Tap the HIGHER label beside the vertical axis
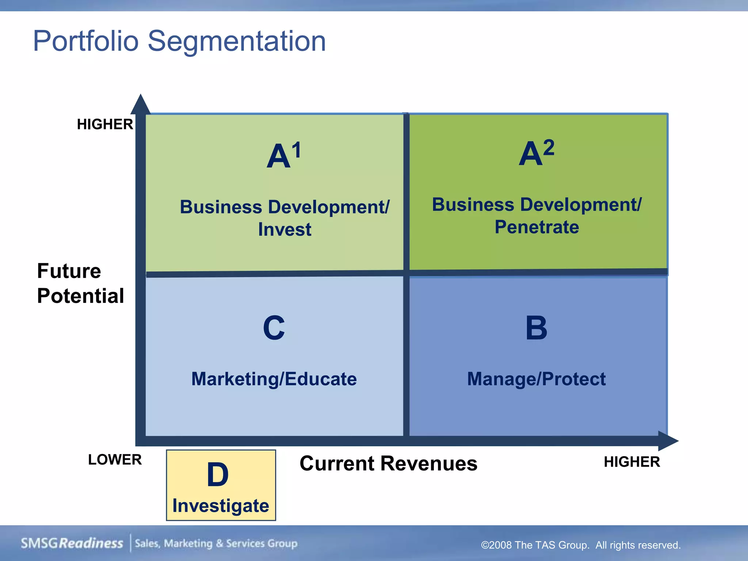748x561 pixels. (105, 125)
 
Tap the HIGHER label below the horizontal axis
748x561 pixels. (631, 462)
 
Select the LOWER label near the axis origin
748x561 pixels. (115, 459)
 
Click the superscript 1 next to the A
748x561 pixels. (296, 150)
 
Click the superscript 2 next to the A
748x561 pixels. (549, 148)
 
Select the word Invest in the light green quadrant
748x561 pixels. (285, 230)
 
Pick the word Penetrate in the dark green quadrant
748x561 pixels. (537, 227)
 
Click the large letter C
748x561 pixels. (274, 328)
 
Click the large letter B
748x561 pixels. (536, 328)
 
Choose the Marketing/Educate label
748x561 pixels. (274, 379)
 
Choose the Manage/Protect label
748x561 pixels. (536, 379)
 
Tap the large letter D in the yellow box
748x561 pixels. (218, 475)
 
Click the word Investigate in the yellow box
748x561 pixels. (221, 506)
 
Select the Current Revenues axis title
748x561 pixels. (388, 463)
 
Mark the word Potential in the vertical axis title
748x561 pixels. (80, 296)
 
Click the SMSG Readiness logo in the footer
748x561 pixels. (72, 543)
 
